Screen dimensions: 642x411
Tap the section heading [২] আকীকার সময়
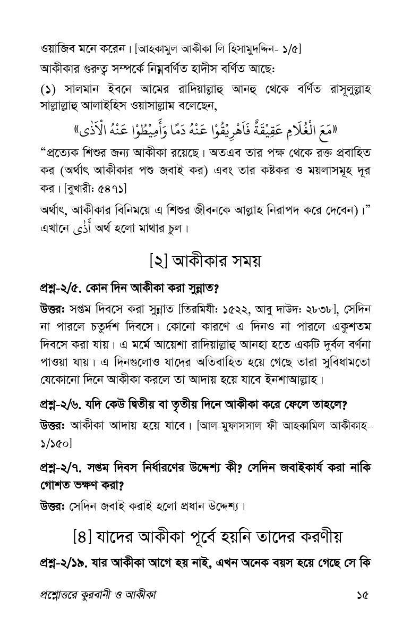pyautogui.click(x=205, y=262)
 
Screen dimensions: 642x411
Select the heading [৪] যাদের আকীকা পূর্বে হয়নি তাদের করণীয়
pyautogui.click(x=206, y=537)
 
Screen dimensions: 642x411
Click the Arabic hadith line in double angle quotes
pyautogui.click(x=207, y=129)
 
